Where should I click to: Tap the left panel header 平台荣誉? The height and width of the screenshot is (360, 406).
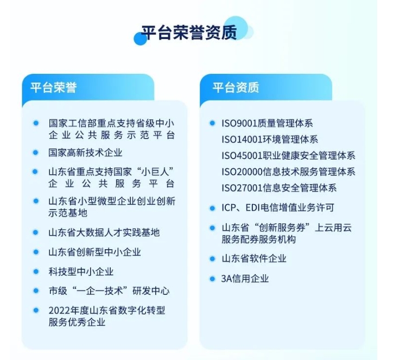(x=53, y=87)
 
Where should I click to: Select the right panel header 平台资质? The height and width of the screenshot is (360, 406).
(x=236, y=87)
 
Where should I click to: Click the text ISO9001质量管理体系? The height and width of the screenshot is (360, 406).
(x=267, y=124)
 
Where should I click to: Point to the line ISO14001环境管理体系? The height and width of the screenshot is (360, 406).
(x=270, y=140)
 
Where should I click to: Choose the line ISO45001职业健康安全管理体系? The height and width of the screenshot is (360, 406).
(x=288, y=156)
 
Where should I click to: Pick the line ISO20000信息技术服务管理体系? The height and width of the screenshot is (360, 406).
(x=288, y=172)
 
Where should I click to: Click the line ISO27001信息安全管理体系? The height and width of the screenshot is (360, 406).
(x=279, y=188)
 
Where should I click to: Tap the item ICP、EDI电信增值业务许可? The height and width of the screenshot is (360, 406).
(x=278, y=208)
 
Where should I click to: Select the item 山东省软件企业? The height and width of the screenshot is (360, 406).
(x=254, y=258)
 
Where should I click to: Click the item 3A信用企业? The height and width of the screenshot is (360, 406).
(x=245, y=279)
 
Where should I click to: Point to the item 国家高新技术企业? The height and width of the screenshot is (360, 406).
(x=85, y=153)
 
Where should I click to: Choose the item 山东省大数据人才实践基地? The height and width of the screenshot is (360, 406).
(x=104, y=232)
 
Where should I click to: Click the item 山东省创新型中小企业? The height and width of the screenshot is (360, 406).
(x=94, y=252)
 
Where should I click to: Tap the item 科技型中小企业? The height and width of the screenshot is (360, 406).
(x=81, y=271)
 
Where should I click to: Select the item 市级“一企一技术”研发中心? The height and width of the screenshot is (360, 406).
(x=109, y=291)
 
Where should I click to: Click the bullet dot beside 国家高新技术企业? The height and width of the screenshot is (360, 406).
(x=36, y=153)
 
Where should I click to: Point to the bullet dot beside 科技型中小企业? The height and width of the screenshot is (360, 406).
(x=36, y=271)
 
